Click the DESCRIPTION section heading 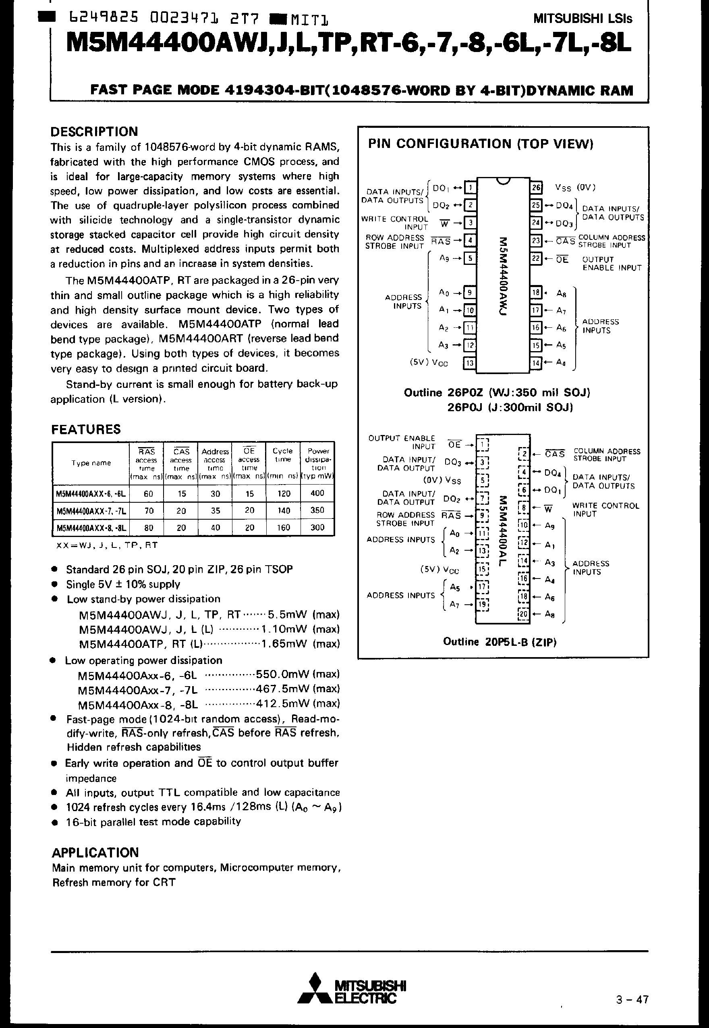(x=94, y=132)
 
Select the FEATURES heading (x=86, y=429)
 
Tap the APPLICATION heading (x=95, y=853)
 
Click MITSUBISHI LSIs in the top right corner (x=583, y=19)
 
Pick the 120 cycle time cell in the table (x=284, y=494)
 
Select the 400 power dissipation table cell (x=317, y=493)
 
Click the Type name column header (x=91, y=463)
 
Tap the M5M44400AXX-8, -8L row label (x=91, y=528)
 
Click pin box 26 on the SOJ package (x=536, y=187)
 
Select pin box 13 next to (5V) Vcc (x=470, y=363)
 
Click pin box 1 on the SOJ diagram (x=470, y=187)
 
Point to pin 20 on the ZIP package (x=524, y=614)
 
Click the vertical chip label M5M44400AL (x=502, y=531)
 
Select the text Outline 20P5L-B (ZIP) (x=500, y=642)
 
